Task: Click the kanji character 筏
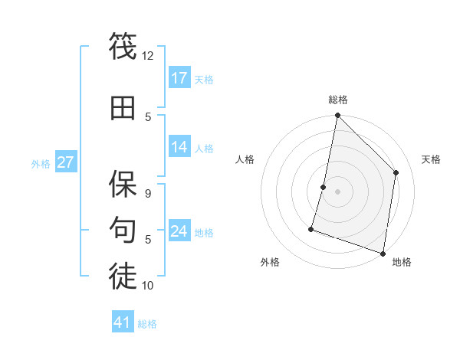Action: (123, 46)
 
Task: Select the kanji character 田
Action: (123, 108)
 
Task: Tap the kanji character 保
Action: (123, 182)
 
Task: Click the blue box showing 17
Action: (179, 78)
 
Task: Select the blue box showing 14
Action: (179, 147)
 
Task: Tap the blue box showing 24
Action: (179, 231)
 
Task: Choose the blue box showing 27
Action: (66, 162)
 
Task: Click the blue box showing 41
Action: (123, 322)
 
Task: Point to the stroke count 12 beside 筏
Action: (148, 56)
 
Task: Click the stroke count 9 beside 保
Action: (148, 193)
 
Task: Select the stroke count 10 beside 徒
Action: (148, 286)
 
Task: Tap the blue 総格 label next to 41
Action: (147, 324)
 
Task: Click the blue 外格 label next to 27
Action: (41, 163)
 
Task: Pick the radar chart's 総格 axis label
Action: (337, 100)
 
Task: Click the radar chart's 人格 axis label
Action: (245, 159)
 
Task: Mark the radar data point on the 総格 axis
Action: (337, 116)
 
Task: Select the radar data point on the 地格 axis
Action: (383, 253)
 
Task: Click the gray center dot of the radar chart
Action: (337, 191)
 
